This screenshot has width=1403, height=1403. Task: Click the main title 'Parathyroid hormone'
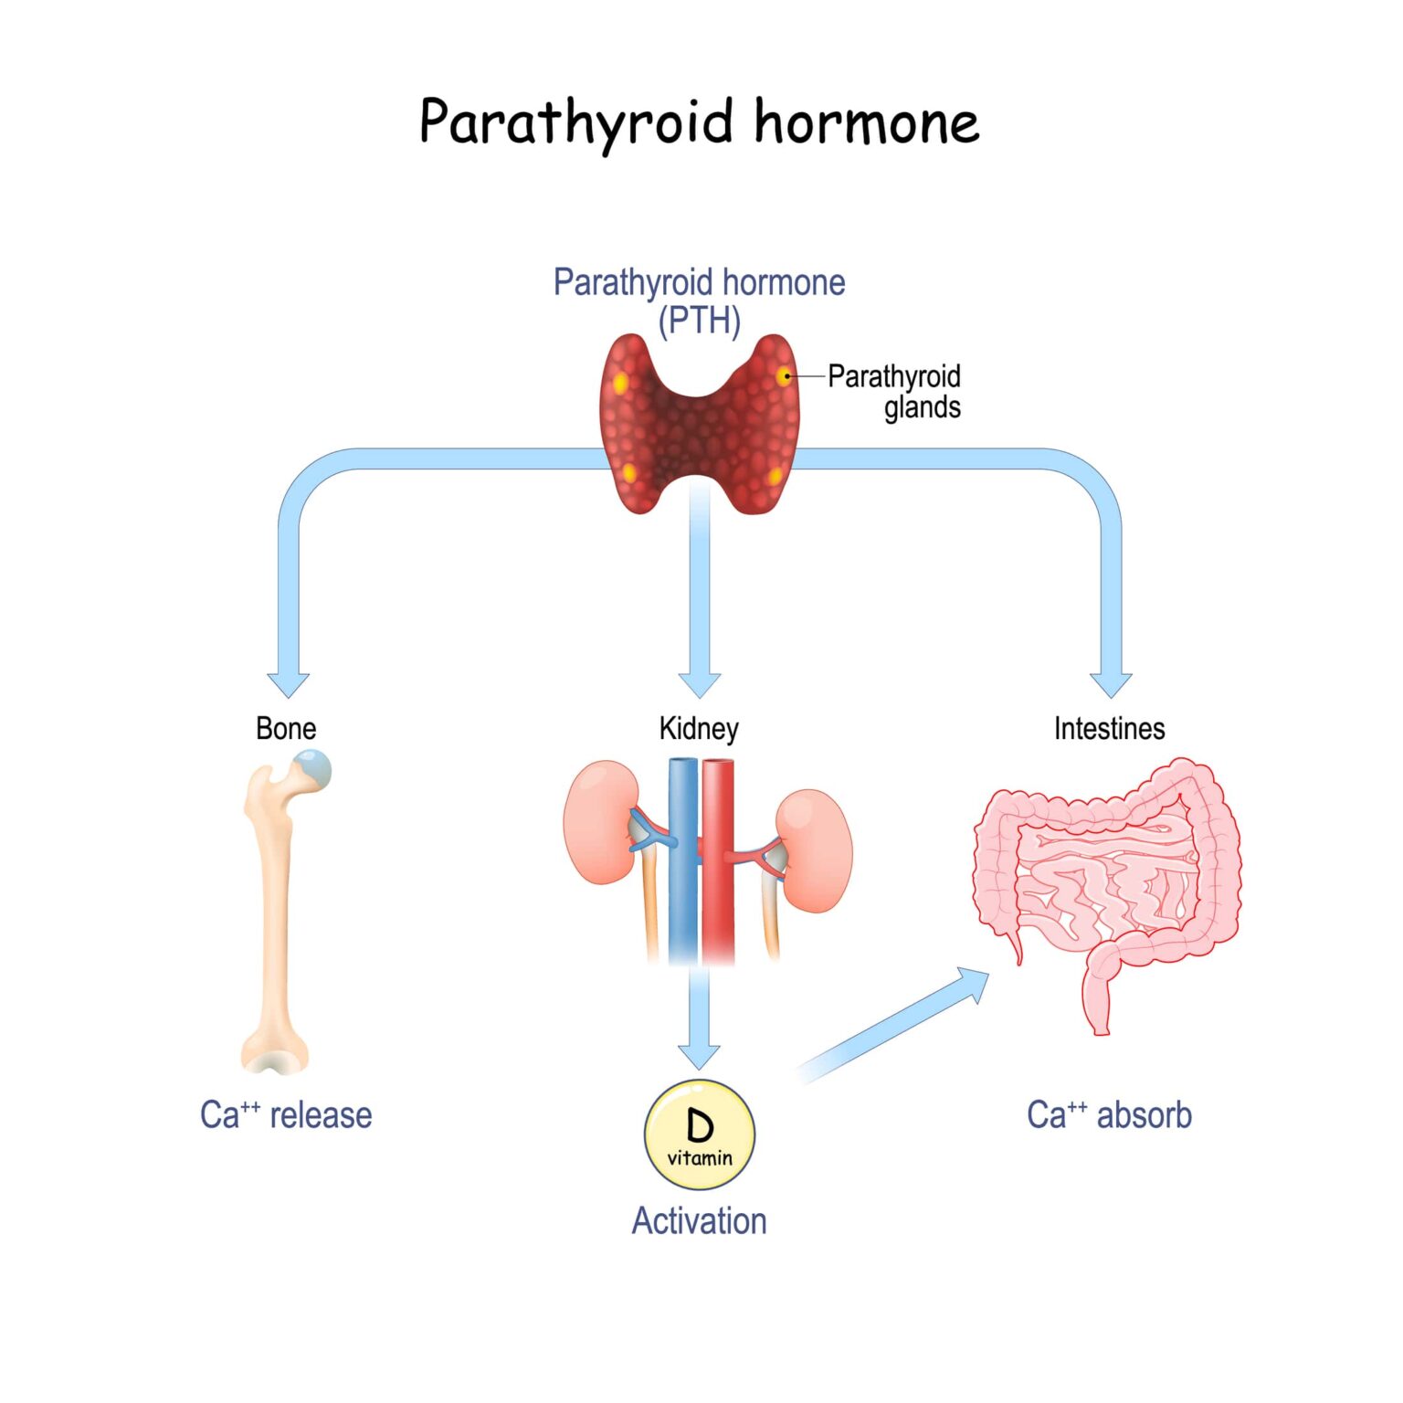click(699, 122)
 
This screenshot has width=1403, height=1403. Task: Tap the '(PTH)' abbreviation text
click(699, 321)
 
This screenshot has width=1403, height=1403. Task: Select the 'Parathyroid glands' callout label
click(895, 391)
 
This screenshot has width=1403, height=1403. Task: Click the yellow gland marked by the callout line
click(784, 375)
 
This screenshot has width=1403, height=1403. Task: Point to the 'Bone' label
click(286, 728)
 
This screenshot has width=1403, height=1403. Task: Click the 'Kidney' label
click(699, 728)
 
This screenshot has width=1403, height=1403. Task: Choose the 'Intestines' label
click(1109, 728)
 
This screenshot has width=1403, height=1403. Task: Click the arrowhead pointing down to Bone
click(289, 683)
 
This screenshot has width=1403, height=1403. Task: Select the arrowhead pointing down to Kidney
click(700, 683)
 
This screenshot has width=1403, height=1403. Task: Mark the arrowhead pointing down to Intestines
click(1111, 683)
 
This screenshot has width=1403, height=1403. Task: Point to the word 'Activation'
click(699, 1220)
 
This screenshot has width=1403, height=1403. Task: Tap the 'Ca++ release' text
click(286, 1115)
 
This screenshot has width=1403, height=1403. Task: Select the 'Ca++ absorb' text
click(1109, 1115)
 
